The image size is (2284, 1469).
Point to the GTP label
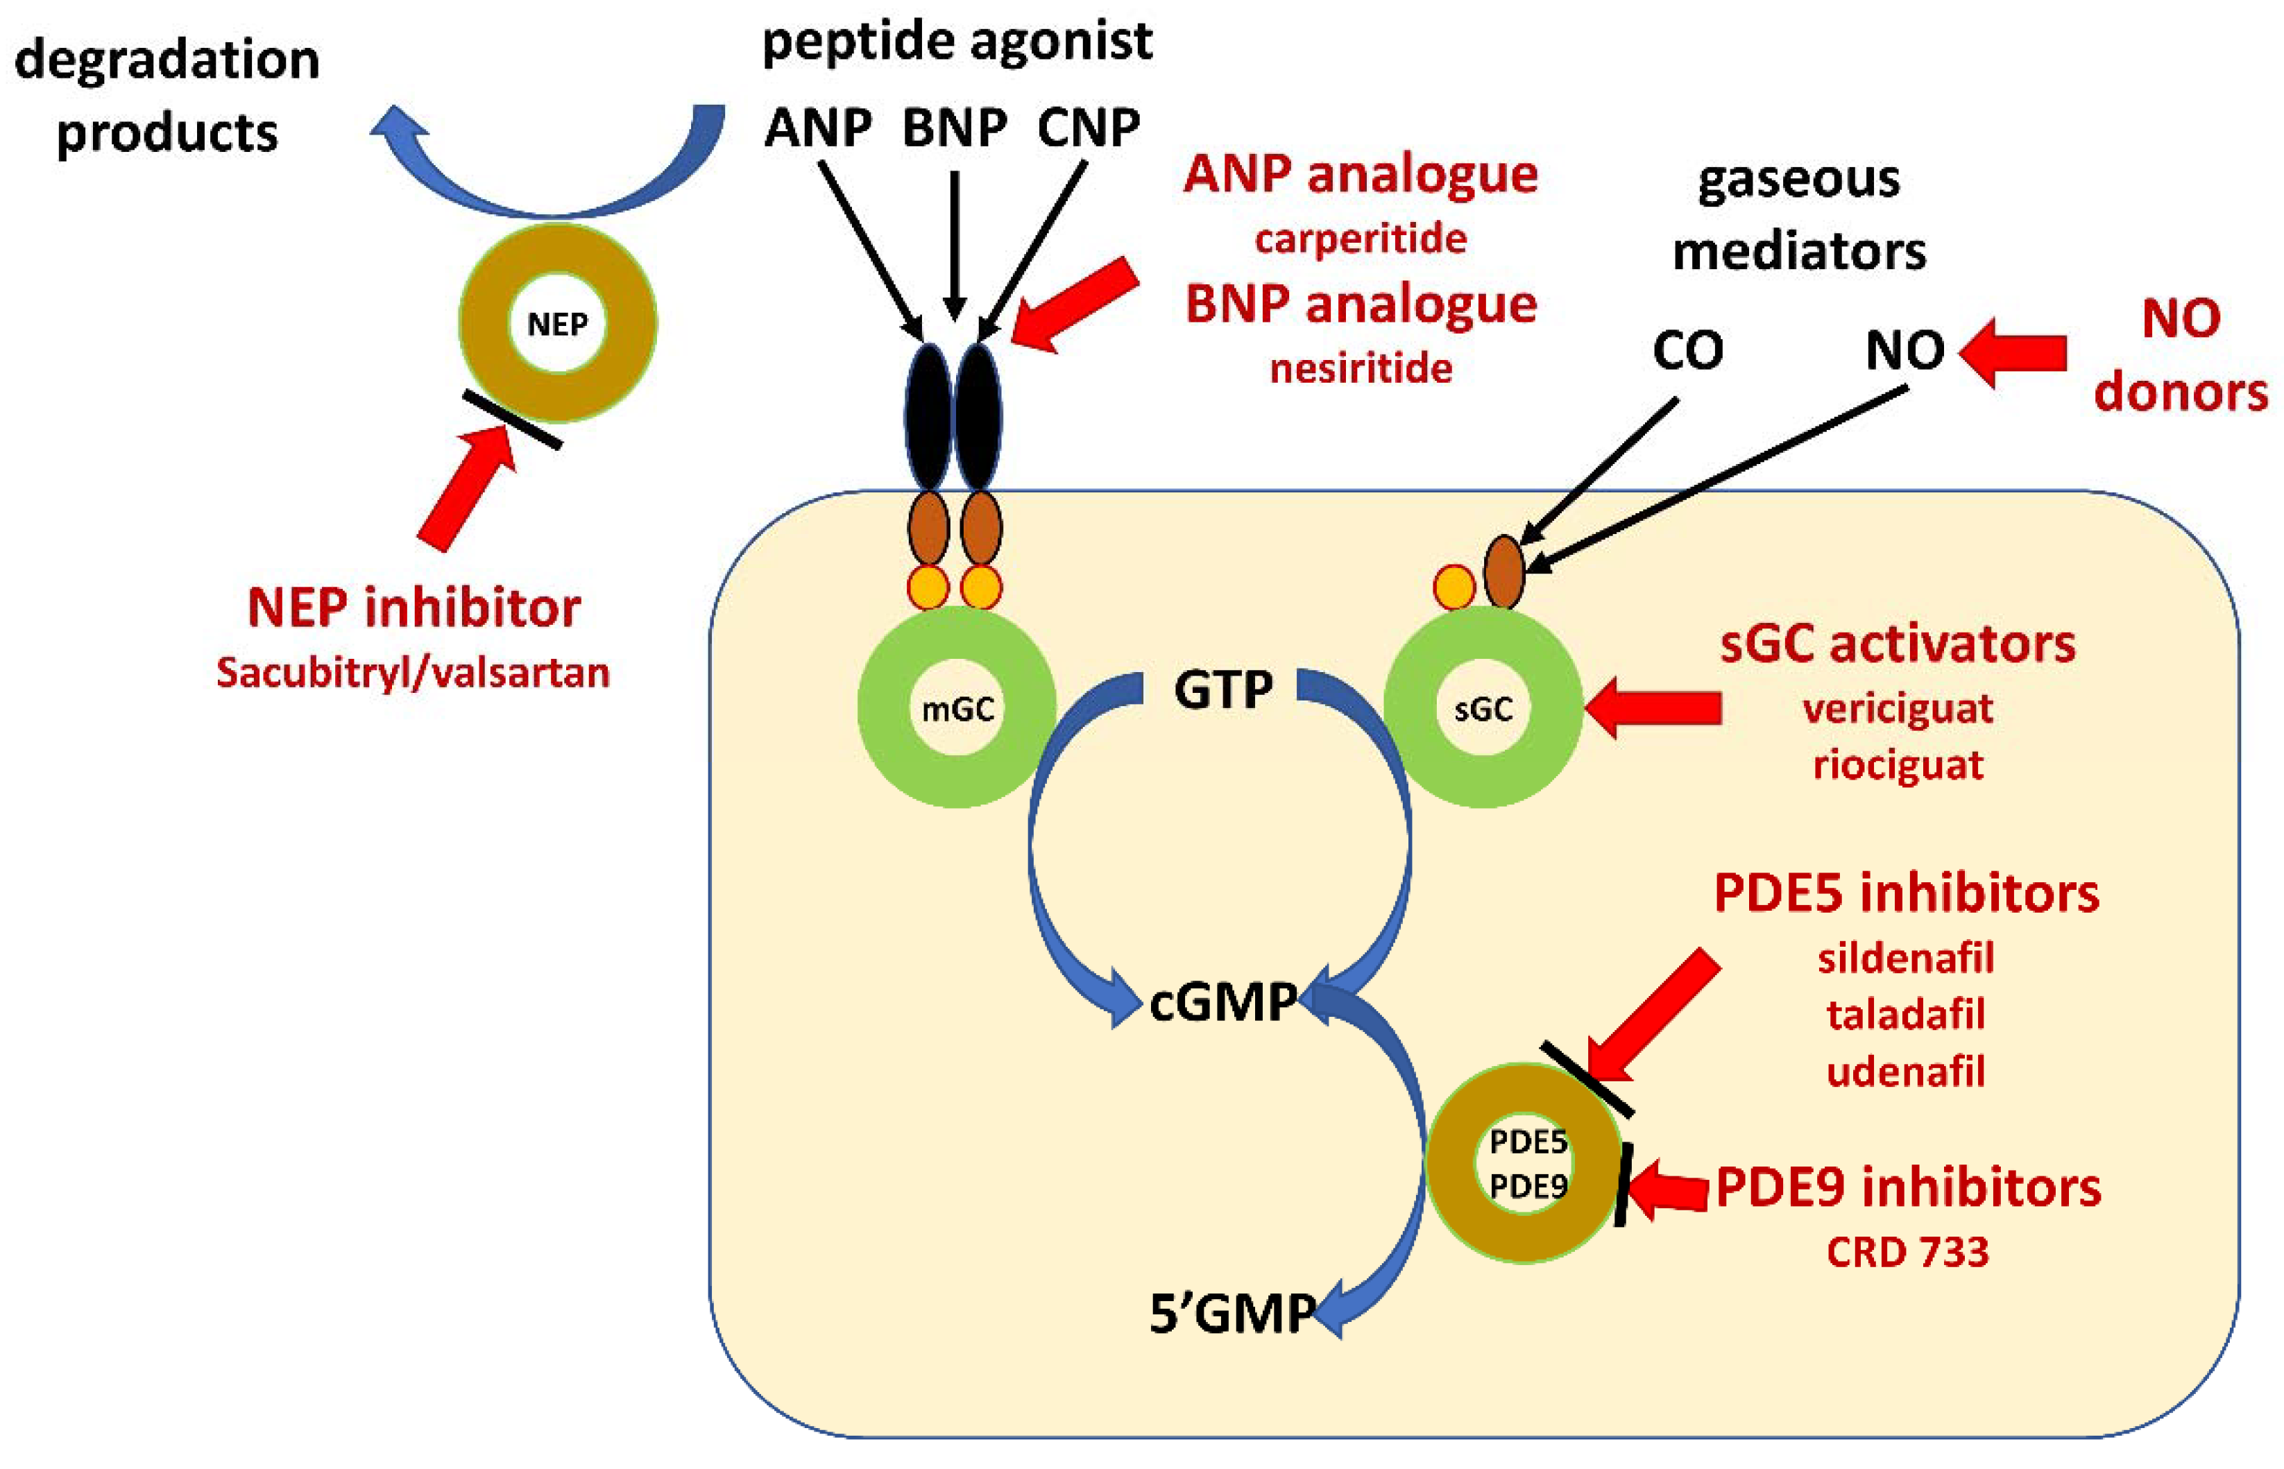(1222, 689)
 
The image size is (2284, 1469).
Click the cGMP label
(1222, 1002)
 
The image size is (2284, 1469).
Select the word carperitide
(1361, 239)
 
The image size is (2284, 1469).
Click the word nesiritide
(1361, 368)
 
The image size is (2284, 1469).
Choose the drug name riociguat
(1898, 765)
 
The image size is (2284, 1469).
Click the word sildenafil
(1905, 958)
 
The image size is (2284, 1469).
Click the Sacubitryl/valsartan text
(413, 673)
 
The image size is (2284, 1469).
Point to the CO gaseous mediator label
(1688, 350)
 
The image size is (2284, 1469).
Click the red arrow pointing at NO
(2012, 353)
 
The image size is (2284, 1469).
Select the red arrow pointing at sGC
(1653, 707)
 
